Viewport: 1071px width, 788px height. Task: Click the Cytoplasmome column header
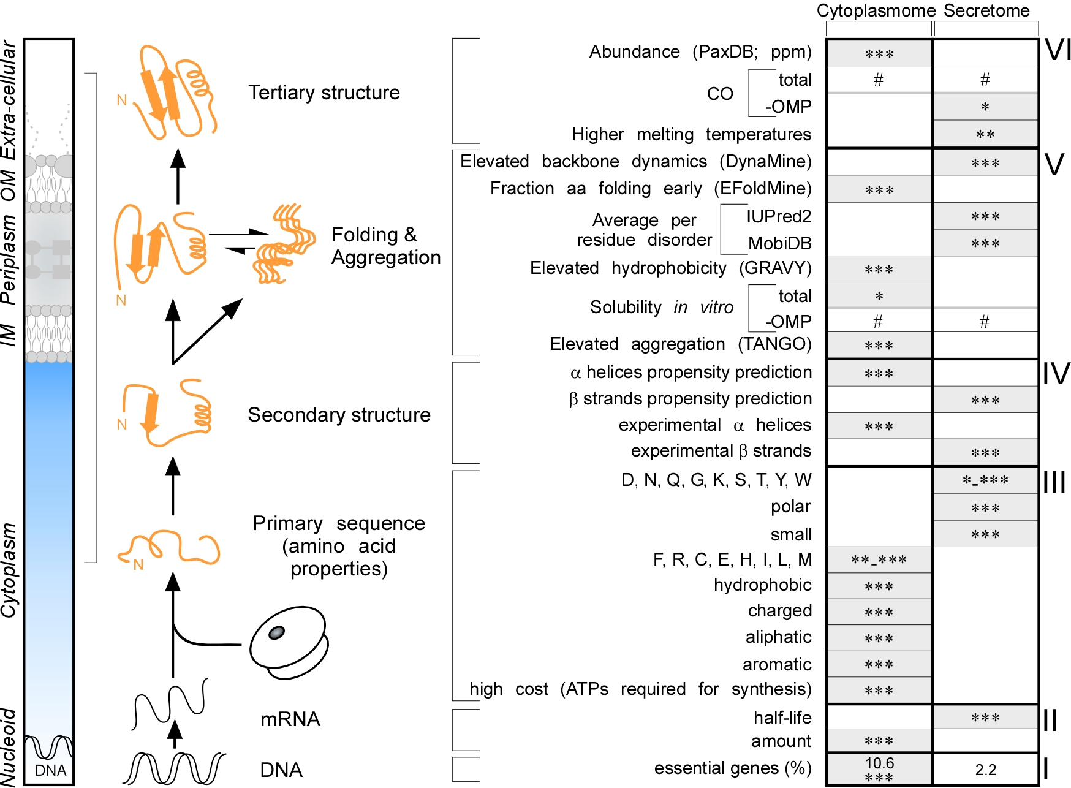(876, 10)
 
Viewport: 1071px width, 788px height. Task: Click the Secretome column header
(986, 10)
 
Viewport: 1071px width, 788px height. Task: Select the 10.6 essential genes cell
(879, 769)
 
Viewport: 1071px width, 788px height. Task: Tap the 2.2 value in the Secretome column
(986, 770)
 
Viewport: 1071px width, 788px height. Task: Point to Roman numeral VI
(1058, 50)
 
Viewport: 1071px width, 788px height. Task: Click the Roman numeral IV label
(1056, 374)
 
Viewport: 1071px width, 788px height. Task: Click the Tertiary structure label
(324, 93)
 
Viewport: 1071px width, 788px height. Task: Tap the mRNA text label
(290, 719)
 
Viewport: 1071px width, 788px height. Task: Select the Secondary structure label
(339, 415)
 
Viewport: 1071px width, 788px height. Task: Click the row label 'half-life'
(782, 718)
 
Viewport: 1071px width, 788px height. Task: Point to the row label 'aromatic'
(777, 664)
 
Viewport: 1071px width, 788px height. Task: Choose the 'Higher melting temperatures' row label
(691, 134)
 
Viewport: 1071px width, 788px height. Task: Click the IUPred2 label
(778, 216)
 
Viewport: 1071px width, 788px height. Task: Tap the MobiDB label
(779, 243)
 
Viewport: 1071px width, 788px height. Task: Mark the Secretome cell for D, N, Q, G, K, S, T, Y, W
(985, 480)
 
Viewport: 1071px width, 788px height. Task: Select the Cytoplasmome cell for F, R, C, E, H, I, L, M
(879, 560)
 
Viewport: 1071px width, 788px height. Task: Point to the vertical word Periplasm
(9, 259)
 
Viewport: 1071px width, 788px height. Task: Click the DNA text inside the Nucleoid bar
(50, 770)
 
